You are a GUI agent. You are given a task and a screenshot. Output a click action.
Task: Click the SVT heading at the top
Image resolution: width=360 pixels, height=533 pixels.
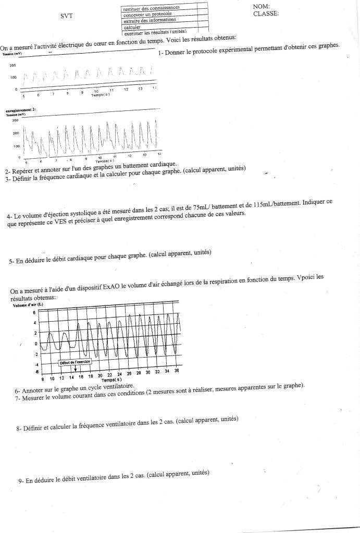click(x=66, y=16)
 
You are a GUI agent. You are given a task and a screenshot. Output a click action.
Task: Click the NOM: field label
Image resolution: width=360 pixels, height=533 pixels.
click(x=261, y=6)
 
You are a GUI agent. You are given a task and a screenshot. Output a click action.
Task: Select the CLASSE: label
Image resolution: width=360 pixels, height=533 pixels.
click(x=266, y=14)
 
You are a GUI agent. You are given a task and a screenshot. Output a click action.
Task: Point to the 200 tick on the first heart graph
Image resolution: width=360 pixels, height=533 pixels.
click(x=13, y=66)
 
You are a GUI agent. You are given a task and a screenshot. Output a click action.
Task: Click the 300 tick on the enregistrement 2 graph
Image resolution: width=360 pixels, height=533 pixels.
click(x=15, y=120)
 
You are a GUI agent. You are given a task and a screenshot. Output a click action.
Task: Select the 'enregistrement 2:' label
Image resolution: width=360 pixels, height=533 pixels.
click(x=20, y=110)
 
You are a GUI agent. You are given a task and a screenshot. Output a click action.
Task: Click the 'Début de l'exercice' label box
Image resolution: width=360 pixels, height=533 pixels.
click(x=75, y=362)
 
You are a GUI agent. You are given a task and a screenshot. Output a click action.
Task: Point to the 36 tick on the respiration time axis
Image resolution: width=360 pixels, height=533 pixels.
click(x=177, y=371)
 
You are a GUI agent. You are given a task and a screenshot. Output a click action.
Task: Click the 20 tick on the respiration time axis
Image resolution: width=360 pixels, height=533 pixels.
click(x=100, y=375)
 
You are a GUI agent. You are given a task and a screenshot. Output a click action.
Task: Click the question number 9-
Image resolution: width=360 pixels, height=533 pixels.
click(x=21, y=481)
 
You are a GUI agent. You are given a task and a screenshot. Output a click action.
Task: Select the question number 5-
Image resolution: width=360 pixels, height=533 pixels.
click(x=12, y=262)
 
